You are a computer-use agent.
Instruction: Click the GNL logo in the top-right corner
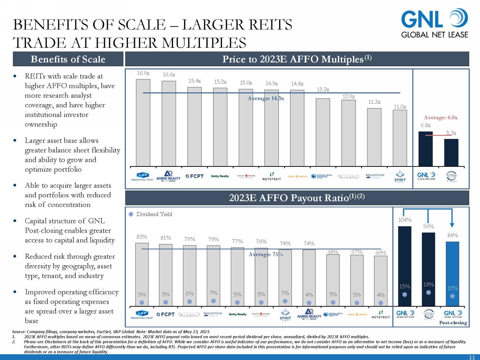click(434, 23)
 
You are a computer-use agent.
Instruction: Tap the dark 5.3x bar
click(451, 153)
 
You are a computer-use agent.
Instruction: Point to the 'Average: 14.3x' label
click(266, 99)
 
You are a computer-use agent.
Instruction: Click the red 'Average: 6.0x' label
click(441, 117)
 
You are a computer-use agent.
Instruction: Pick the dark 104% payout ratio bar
click(404, 266)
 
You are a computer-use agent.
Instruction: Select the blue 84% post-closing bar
click(452, 274)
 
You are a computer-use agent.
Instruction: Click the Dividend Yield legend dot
click(131, 214)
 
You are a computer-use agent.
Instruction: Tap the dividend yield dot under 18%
click(428, 292)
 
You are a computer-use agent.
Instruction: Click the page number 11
click(472, 357)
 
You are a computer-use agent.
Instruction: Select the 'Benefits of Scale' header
click(68, 59)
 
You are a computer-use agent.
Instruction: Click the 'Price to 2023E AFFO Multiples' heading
click(297, 59)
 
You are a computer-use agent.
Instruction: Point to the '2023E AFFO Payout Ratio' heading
click(297, 198)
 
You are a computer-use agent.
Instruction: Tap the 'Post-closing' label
click(453, 323)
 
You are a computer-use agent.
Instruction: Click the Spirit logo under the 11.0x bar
click(400, 176)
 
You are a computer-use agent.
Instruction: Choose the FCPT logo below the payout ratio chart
click(165, 315)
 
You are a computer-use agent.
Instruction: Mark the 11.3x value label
click(374, 102)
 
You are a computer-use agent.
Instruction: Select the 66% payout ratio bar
click(380, 281)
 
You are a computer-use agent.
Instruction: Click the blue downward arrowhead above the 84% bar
click(452, 225)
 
